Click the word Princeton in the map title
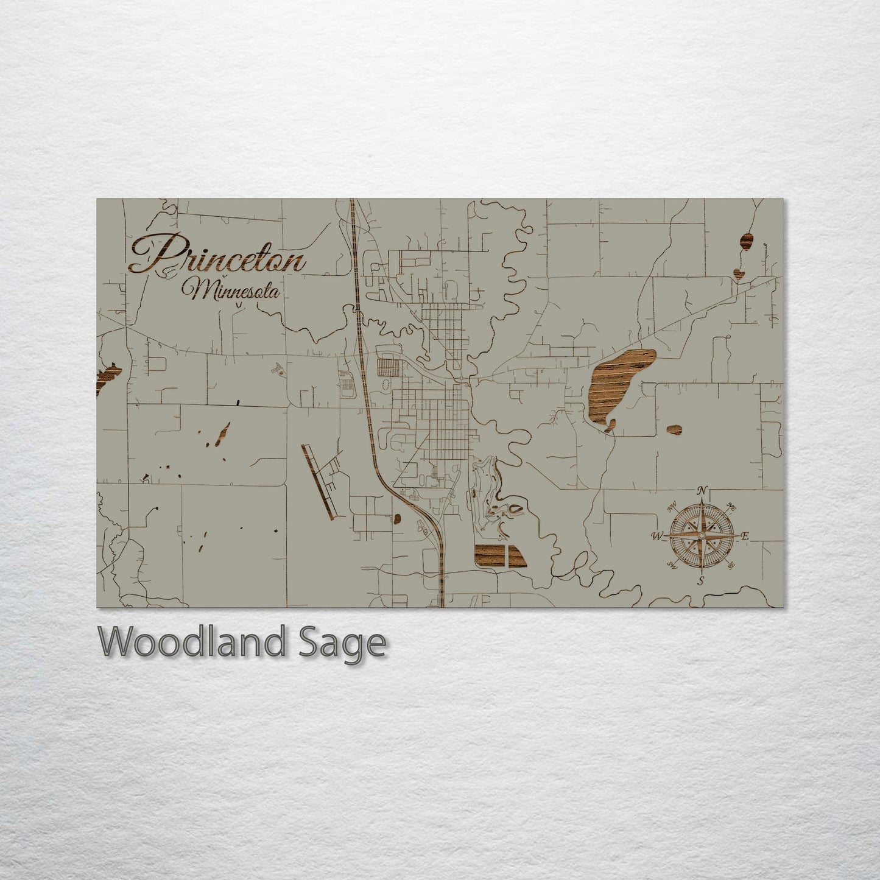coord(216,255)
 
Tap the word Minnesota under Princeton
coord(234,291)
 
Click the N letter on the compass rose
coord(702,490)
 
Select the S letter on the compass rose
coord(700,580)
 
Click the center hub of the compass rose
coord(701,535)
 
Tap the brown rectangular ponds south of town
coord(500,556)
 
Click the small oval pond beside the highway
coord(397,518)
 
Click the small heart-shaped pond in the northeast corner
coord(739,273)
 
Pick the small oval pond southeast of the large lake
coord(674,430)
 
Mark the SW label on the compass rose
coord(672,565)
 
